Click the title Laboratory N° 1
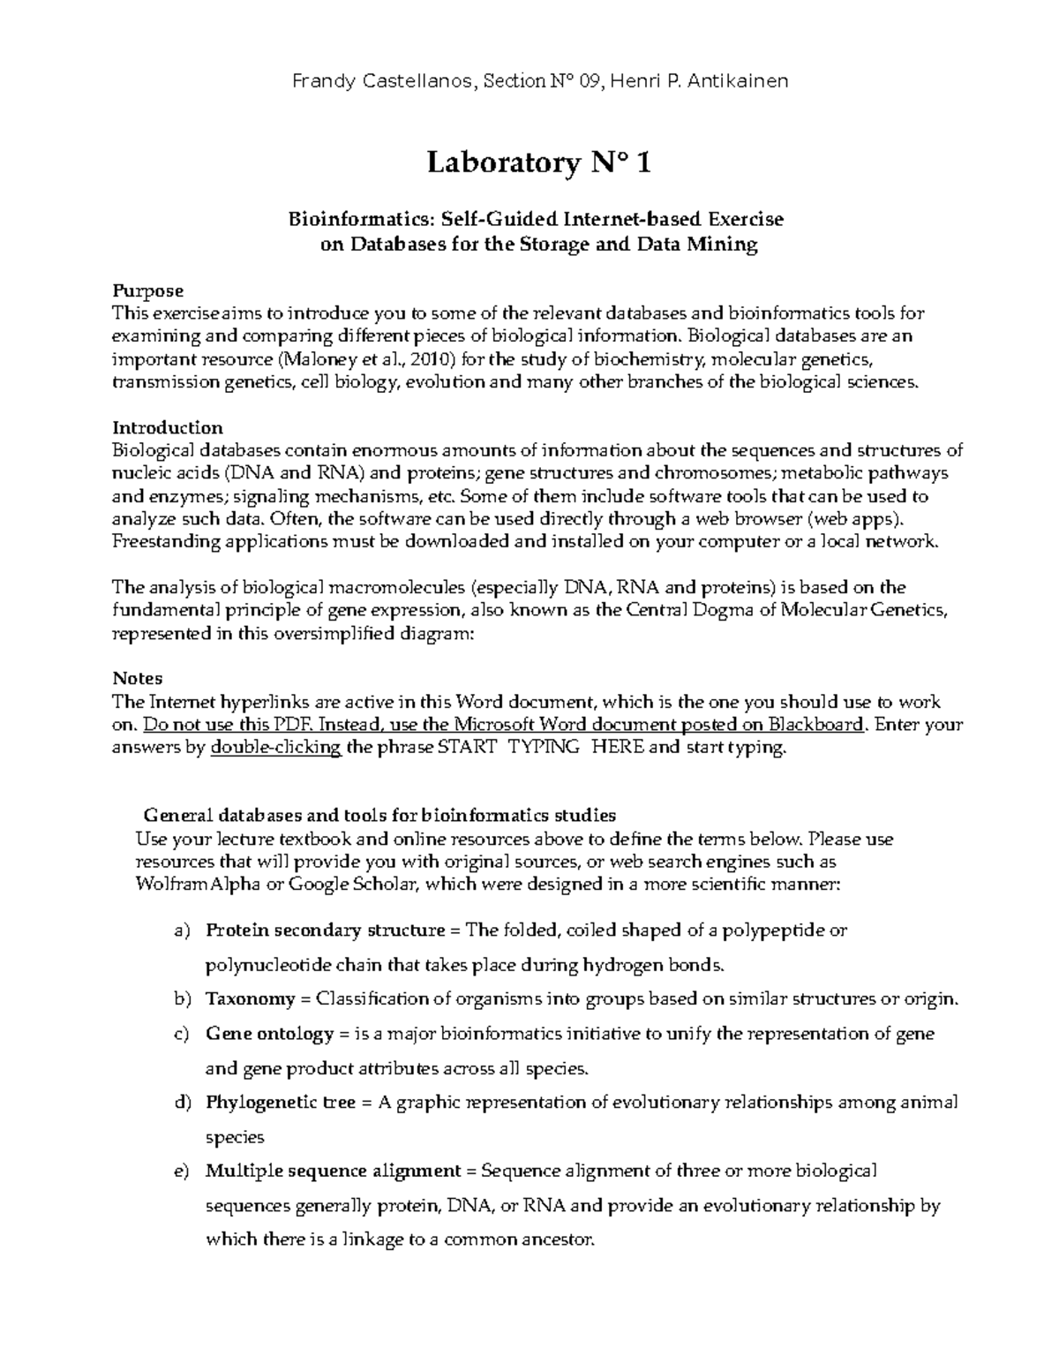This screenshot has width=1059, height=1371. point(539,163)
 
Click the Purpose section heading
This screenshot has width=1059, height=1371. point(148,290)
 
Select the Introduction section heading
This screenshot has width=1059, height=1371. point(168,428)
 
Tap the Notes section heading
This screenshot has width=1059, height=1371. point(138,678)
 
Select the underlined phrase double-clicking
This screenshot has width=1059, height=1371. point(275,748)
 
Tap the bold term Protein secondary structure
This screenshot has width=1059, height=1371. point(325,930)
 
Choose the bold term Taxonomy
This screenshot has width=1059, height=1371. point(250,999)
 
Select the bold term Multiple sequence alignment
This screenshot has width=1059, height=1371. point(333,1171)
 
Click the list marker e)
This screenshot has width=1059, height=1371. point(182,1171)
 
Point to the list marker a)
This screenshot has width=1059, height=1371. point(182,930)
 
